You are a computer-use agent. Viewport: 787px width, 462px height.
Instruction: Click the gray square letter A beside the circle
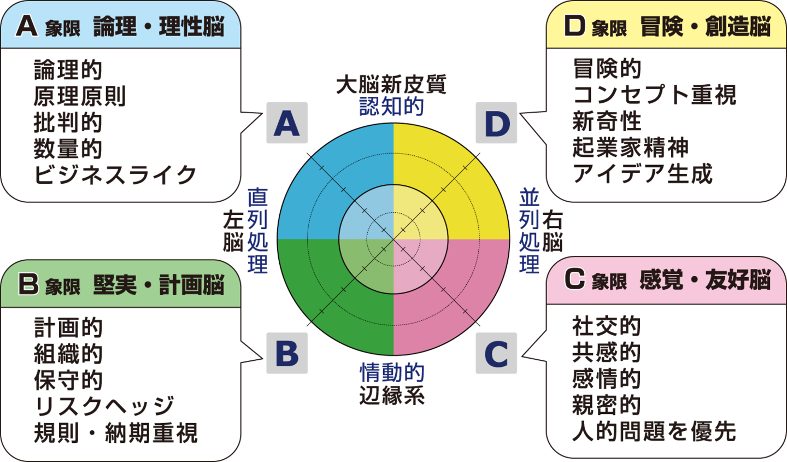pyautogui.click(x=287, y=123)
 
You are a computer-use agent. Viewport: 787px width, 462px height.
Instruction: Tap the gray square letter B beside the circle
pyautogui.click(x=287, y=353)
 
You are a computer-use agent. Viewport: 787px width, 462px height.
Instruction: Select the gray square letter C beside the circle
pyautogui.click(x=496, y=353)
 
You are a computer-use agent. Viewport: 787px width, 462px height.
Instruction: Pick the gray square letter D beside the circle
pyautogui.click(x=496, y=123)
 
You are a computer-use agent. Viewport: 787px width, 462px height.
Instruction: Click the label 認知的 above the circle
pyautogui.click(x=391, y=107)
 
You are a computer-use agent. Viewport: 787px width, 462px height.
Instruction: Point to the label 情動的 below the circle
pyautogui.click(x=391, y=373)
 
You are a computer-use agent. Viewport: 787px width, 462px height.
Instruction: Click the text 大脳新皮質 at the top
pyautogui.click(x=391, y=84)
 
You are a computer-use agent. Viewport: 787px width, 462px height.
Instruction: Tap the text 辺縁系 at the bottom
pyautogui.click(x=391, y=396)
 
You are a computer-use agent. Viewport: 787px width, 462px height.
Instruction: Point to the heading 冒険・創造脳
pyautogui.click(x=705, y=26)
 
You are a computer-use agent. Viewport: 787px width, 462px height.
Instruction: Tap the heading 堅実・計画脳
pyautogui.click(x=158, y=285)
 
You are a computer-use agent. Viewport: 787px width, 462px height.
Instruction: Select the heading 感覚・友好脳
pyautogui.click(x=705, y=279)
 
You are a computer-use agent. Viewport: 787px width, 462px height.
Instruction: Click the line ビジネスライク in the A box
pyautogui.click(x=115, y=175)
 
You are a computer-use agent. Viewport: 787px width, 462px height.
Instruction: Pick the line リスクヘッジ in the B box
pyautogui.click(x=104, y=406)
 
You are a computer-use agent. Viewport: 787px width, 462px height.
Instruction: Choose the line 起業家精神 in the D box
pyautogui.click(x=630, y=148)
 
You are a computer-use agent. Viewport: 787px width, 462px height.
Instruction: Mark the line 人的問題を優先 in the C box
pyautogui.click(x=654, y=431)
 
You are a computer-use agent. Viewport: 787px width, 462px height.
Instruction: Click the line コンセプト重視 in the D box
pyautogui.click(x=654, y=95)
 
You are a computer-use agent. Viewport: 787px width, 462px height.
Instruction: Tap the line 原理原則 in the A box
pyautogui.click(x=80, y=96)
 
